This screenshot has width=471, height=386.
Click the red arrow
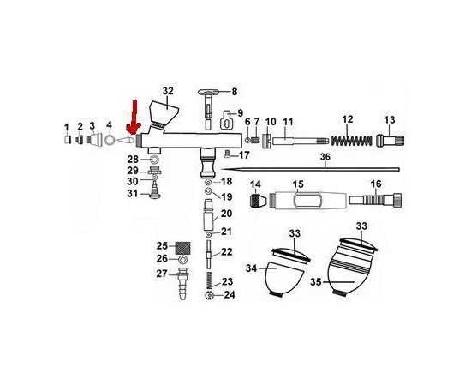pos(134,118)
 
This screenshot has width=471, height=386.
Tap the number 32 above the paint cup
pos(168,91)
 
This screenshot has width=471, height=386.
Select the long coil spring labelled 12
pos(351,141)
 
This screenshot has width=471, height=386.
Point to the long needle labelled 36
pos(310,169)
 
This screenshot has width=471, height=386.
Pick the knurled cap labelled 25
pos(182,248)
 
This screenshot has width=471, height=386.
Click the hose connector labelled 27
pos(183,282)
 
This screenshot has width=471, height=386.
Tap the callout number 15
pos(298,184)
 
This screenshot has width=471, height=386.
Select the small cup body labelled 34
pos(283,278)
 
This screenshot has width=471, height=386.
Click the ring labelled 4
pos(110,140)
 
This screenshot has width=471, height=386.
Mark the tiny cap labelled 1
pos(68,140)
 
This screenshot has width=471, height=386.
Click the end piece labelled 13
pos(390,140)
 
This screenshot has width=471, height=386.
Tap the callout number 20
pos(226,214)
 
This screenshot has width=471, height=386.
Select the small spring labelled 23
pos(210,280)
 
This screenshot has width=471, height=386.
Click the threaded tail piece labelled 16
pos(375,201)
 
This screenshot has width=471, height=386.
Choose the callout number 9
pos(241,113)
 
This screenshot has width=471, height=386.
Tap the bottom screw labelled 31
pos(155,191)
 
